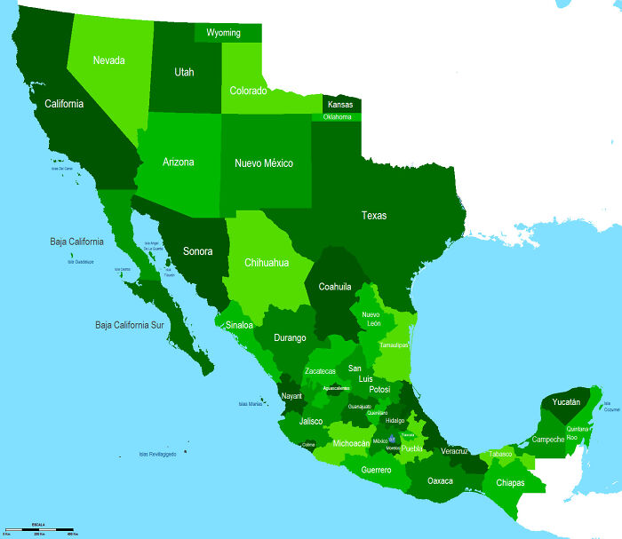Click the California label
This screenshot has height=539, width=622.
64,104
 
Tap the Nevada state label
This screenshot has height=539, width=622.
108,60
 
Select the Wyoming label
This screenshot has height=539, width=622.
223,33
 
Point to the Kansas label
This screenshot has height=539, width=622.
340,105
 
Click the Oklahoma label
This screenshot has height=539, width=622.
338,117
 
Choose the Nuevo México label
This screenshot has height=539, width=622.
264,163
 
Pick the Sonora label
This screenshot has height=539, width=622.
197,251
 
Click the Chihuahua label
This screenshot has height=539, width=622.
267,263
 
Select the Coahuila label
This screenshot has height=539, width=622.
335,287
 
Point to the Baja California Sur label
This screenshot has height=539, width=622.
131,326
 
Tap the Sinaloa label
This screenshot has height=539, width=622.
239,325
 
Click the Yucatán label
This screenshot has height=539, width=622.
566,402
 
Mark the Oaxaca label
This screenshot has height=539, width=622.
440,480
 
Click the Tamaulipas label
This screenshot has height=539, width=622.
394,345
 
